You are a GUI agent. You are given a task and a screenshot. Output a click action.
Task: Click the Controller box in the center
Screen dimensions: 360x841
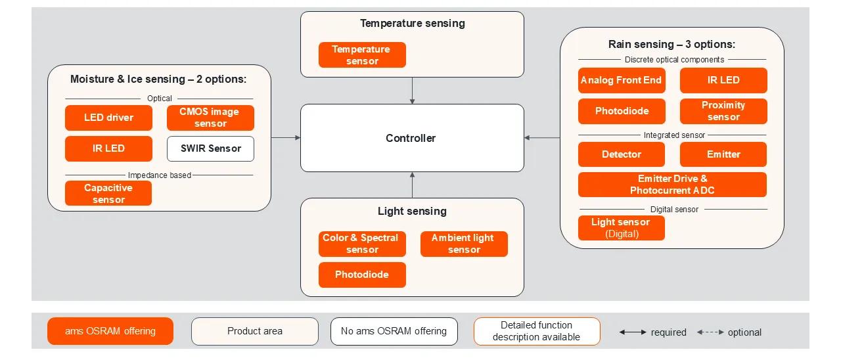(x=412, y=138)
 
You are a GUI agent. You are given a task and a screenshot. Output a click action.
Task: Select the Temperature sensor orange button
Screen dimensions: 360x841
(x=362, y=55)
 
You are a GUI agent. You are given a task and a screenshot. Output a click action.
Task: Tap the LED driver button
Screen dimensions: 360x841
(x=108, y=118)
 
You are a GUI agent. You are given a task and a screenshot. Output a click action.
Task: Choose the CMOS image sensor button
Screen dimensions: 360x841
(x=210, y=118)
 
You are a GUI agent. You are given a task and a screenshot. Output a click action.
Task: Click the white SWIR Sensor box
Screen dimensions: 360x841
(x=210, y=148)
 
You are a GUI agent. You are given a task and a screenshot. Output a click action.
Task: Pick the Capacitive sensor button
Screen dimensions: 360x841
(x=108, y=193)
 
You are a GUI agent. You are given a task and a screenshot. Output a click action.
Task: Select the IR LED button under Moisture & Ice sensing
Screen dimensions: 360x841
(x=108, y=148)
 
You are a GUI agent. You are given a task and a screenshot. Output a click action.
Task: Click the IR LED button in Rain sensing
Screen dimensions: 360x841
(x=723, y=80)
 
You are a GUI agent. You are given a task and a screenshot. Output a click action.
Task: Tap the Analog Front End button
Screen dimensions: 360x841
(x=622, y=80)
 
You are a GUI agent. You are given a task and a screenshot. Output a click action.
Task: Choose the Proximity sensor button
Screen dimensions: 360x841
(x=723, y=111)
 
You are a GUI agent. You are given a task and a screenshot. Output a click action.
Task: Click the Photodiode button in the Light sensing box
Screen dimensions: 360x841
(x=362, y=275)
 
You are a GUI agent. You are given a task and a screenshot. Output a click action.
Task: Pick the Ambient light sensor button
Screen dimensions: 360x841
(x=464, y=244)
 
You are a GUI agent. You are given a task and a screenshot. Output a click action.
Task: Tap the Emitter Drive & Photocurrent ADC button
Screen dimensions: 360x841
(x=672, y=185)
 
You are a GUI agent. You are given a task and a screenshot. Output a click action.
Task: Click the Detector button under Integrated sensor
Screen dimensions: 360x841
(x=622, y=154)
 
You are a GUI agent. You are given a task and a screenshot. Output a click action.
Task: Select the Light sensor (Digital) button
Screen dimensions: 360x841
(x=622, y=228)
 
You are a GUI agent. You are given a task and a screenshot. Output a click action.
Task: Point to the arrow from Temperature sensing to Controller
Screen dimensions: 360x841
(x=412, y=91)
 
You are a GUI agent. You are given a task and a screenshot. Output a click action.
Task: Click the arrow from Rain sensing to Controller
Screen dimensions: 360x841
(x=542, y=138)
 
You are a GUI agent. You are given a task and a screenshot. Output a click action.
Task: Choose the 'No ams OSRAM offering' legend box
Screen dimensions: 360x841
(x=394, y=331)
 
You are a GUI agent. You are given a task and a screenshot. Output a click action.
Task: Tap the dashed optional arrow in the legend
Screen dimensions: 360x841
(x=710, y=332)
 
